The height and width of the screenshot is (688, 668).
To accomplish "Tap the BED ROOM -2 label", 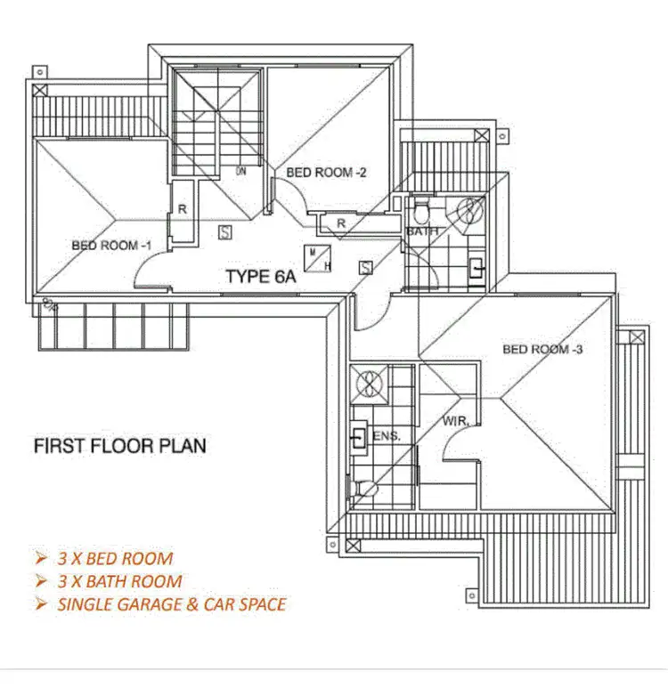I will click(x=326, y=173).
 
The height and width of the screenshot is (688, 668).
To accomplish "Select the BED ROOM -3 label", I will click(x=542, y=349).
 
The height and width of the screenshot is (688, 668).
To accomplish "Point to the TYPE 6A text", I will click(x=260, y=276).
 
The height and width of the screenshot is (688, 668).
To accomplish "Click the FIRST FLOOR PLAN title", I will click(x=119, y=444).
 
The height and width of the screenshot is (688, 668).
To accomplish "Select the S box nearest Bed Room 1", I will click(x=225, y=232).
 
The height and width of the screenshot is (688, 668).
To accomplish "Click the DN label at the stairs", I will click(x=240, y=171).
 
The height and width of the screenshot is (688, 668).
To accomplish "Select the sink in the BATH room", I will click(x=477, y=266).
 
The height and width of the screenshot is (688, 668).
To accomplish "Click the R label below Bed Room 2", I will click(x=340, y=224).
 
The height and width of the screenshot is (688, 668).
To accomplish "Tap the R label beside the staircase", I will click(x=181, y=210).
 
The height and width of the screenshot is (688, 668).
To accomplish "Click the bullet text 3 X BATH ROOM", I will click(x=120, y=582).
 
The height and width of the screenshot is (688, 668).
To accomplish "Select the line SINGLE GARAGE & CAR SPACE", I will click(x=172, y=604).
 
